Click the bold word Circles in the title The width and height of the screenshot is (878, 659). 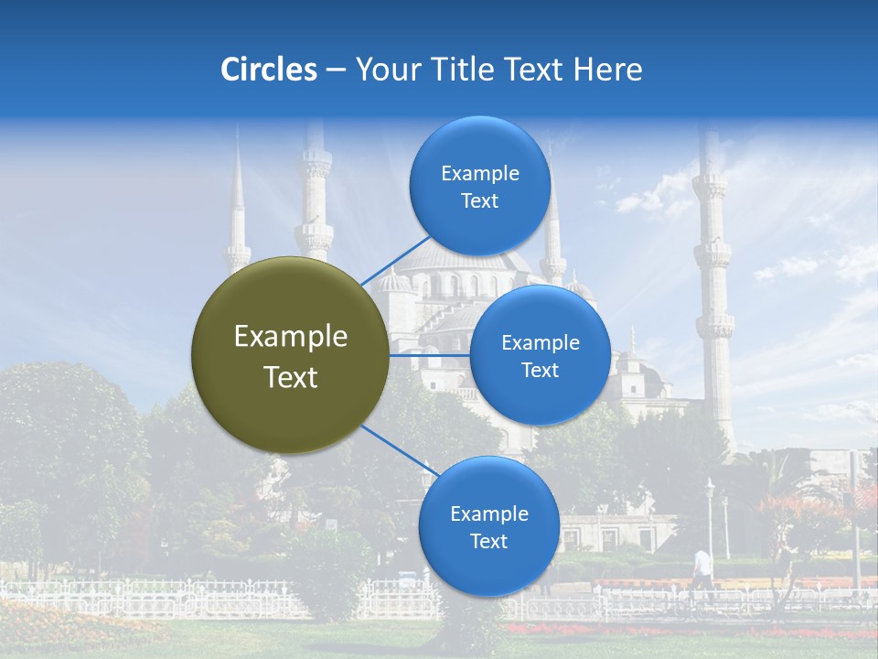269,70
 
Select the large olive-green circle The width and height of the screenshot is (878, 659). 290,355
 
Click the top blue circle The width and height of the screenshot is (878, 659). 479,186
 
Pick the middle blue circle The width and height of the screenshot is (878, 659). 540,355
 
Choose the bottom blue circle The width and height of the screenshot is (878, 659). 488,526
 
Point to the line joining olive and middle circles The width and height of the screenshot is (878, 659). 428,355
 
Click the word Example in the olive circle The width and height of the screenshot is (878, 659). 291,337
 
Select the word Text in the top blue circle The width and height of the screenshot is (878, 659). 479,201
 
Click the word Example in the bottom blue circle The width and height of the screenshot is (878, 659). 489,513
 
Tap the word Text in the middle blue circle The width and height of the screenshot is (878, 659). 540,371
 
